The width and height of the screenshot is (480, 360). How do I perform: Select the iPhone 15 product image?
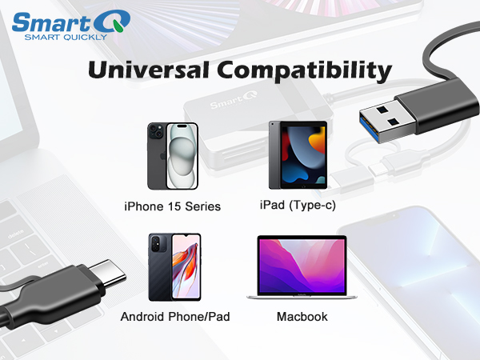(171, 156)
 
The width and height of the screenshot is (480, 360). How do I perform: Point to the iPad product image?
(298, 155)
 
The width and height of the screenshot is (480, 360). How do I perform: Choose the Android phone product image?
(174, 267)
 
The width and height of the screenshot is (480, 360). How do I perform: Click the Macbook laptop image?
(302, 269)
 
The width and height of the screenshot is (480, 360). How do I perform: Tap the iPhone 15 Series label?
(172, 206)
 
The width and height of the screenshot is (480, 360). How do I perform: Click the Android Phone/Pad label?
(175, 317)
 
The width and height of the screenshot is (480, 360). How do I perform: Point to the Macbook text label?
(302, 317)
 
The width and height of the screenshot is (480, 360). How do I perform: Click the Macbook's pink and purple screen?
(302, 264)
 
